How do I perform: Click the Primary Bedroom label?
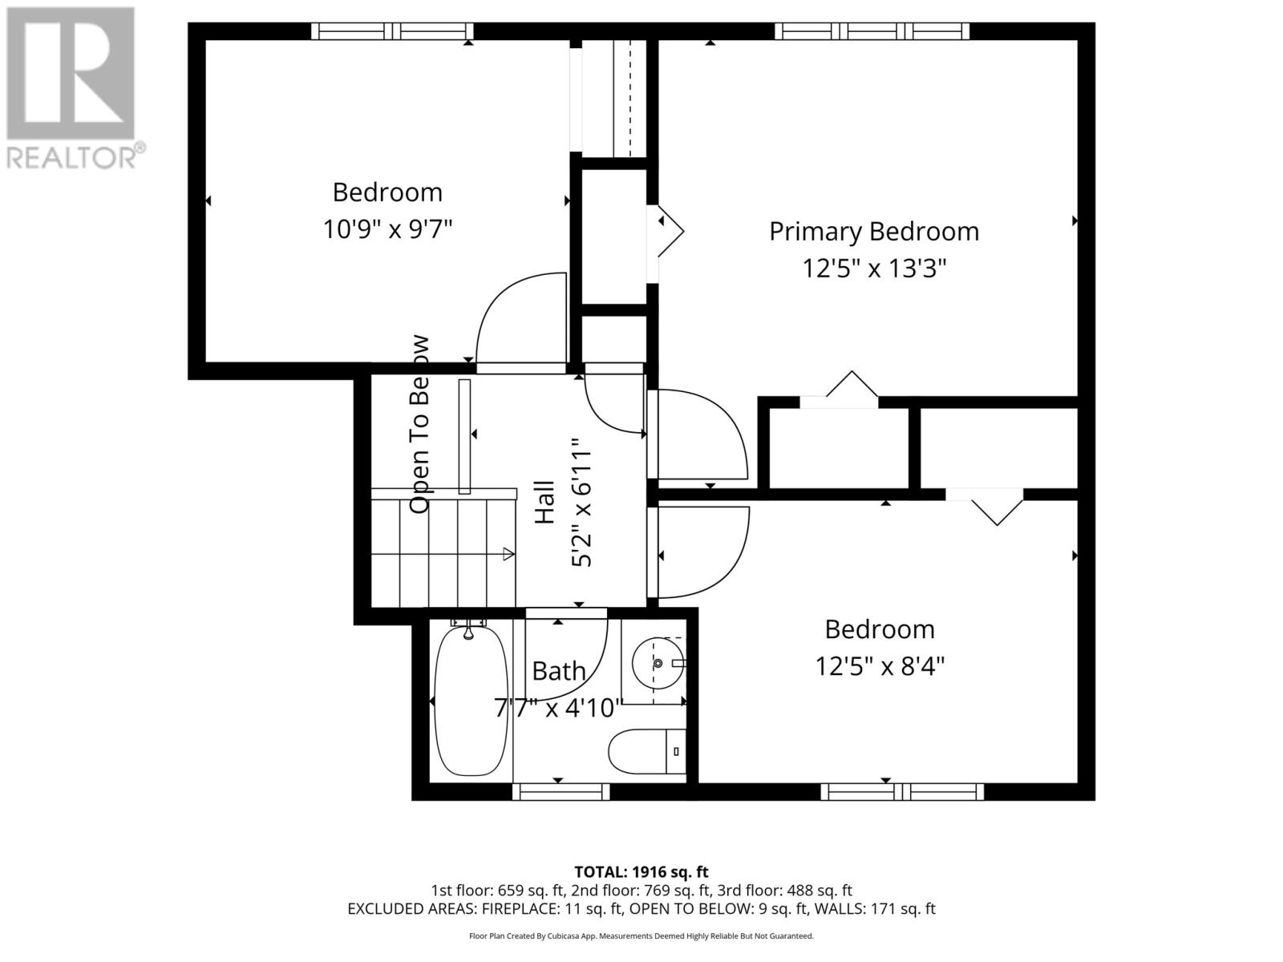(x=874, y=231)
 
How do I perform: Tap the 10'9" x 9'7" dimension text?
(x=387, y=230)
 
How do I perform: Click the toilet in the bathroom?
(x=646, y=751)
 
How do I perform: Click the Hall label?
(x=544, y=503)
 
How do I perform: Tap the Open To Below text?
(x=420, y=425)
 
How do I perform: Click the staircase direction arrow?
(x=507, y=553)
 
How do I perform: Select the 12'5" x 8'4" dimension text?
(x=880, y=666)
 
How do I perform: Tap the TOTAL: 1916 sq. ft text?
(x=641, y=871)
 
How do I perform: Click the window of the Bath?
(x=561, y=792)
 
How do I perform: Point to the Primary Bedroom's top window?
(x=872, y=31)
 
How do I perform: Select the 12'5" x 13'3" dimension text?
(x=874, y=268)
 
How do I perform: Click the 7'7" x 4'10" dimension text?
(x=558, y=708)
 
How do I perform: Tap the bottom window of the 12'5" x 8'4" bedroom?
(x=902, y=792)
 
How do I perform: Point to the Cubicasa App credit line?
(x=641, y=936)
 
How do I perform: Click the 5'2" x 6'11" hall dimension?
(x=581, y=503)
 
